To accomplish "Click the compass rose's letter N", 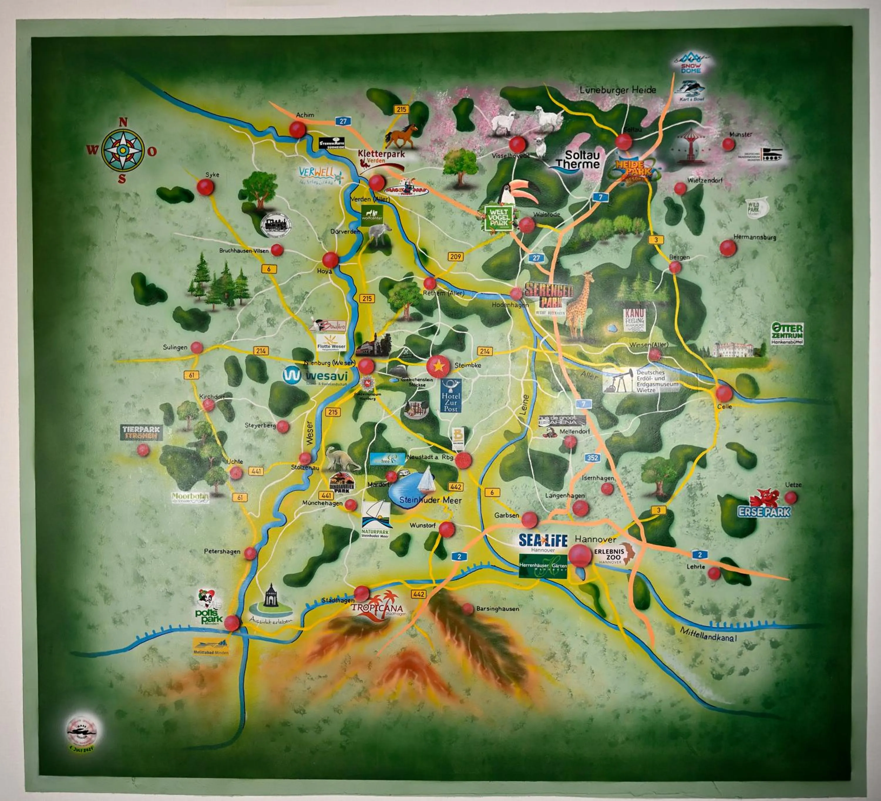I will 123,123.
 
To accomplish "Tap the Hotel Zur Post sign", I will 450,396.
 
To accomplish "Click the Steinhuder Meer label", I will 431,500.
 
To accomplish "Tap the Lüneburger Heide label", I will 618,90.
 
